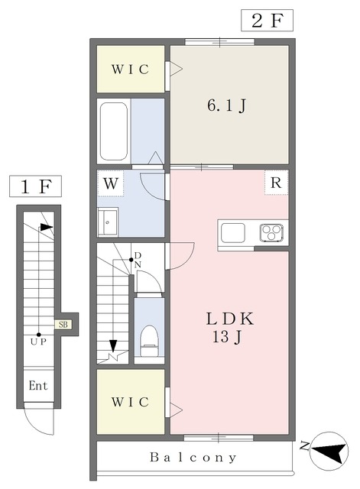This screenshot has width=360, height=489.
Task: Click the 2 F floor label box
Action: (x=267, y=21)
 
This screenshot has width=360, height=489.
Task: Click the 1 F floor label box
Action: (x=35, y=186)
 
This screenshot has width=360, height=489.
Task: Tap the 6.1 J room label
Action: (x=227, y=105)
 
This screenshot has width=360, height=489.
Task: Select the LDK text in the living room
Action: (x=229, y=319)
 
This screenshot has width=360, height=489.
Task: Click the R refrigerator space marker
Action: (x=276, y=183)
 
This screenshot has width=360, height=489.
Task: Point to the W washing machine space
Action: (x=111, y=183)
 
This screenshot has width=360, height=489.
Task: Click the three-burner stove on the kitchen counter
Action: (x=271, y=232)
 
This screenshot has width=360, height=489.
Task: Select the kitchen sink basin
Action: (x=233, y=232)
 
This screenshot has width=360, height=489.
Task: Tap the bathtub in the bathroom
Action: (x=114, y=131)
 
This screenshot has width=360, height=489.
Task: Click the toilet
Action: (x=150, y=341)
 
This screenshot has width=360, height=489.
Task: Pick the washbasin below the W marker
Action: (x=108, y=222)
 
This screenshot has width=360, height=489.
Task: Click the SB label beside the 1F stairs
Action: (x=63, y=324)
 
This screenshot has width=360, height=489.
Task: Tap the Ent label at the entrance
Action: (x=38, y=386)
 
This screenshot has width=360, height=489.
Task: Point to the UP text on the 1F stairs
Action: (x=38, y=342)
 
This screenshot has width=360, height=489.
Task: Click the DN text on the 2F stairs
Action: (x=138, y=260)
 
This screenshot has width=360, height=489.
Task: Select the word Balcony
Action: (x=193, y=458)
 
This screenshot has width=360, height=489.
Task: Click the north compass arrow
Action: (x=329, y=452)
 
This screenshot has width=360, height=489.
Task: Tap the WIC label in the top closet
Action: (x=130, y=70)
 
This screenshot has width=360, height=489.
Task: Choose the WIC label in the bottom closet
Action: (x=130, y=403)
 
